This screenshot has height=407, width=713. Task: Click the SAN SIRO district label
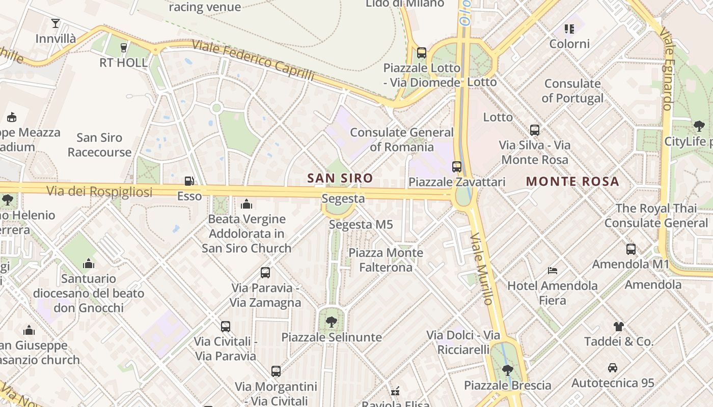tap(340, 178)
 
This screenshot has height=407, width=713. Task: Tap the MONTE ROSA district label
tap(572, 182)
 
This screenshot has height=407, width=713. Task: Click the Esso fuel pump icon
tap(189, 181)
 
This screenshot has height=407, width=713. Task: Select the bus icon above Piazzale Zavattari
tap(457, 166)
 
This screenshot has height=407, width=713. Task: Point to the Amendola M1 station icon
tap(630, 249)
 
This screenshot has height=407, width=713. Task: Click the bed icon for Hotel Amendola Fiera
tap(553, 270)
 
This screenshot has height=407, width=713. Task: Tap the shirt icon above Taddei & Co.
tap(618, 326)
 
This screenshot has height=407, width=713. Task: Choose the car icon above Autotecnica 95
tap(612, 367)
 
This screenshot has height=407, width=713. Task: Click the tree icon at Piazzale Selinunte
tap(332, 322)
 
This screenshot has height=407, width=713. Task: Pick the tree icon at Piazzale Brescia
tap(507, 370)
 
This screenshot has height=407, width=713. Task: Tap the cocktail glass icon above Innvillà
tap(56, 23)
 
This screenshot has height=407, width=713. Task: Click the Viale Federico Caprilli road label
tap(253, 61)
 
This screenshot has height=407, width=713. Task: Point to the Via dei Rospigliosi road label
tap(99, 192)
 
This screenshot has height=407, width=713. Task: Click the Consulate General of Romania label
tap(401, 139)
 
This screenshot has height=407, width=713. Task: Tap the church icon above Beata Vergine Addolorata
tap(246, 204)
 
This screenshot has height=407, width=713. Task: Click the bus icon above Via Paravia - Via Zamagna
tap(265, 272)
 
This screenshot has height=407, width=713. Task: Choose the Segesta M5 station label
tap(361, 224)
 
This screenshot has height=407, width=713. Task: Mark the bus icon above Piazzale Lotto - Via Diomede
tap(421, 52)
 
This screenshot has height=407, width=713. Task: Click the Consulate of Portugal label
tap(572, 91)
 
